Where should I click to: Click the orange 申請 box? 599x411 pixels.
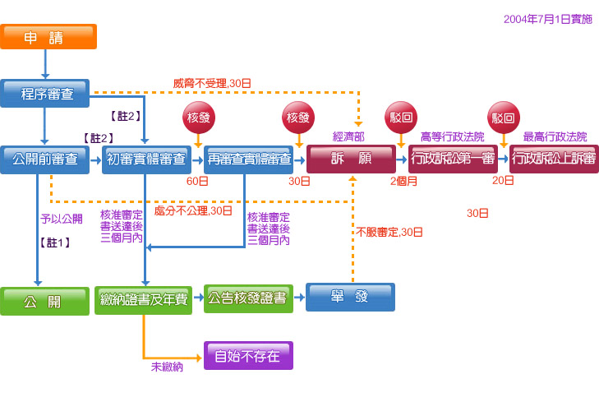tap(48, 37)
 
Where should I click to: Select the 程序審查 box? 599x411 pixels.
tap(44, 94)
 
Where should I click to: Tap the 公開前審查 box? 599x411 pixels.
tap(44, 159)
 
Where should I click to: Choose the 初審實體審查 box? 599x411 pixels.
tap(146, 159)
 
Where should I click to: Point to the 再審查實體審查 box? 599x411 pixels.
tap(250, 159)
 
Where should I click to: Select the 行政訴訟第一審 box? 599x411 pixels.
tap(454, 159)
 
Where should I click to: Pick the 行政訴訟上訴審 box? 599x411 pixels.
tap(554, 159)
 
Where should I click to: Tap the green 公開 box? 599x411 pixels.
tap(44, 301)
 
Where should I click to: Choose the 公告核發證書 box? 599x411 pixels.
tap(249, 298)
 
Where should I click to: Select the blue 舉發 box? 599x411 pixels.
tap(350, 297)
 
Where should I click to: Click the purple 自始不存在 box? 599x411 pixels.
tap(248, 356)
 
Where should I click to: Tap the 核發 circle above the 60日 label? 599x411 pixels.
tap(198, 118)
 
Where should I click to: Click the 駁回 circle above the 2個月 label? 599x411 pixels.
tap(400, 118)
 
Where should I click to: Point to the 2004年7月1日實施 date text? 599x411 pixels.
tap(547, 19)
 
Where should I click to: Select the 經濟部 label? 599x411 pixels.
tap(348, 136)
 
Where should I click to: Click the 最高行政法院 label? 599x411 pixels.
tap(555, 136)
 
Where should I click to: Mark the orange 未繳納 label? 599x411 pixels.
tap(167, 367)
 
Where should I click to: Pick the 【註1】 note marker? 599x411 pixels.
tap(54, 242)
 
